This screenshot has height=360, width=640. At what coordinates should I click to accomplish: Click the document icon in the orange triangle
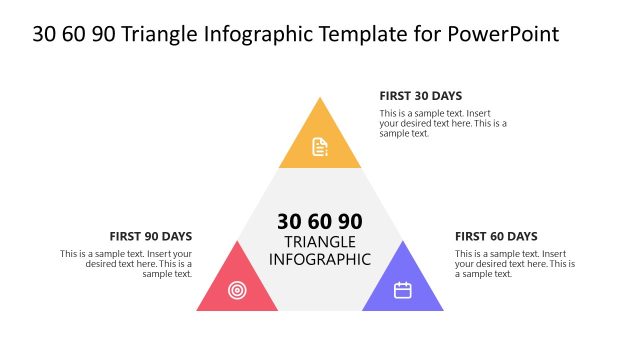(320, 147)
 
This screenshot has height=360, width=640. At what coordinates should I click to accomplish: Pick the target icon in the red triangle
(237, 290)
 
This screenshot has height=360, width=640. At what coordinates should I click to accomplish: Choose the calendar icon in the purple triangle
(403, 290)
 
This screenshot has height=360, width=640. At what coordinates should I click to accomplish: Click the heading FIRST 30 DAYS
(420, 96)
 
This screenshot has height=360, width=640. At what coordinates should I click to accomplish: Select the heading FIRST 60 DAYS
(496, 237)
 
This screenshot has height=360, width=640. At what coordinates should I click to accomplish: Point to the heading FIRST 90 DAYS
(151, 237)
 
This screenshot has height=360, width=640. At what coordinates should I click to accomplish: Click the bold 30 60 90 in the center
(320, 221)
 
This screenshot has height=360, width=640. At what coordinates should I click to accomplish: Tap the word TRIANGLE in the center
(320, 242)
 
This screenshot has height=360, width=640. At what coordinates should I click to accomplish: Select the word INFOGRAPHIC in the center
(320, 259)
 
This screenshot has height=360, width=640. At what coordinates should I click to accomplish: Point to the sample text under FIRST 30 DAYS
(443, 123)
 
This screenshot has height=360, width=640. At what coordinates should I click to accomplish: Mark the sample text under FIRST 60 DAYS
(515, 264)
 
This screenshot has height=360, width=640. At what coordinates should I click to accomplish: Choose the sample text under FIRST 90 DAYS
(126, 264)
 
